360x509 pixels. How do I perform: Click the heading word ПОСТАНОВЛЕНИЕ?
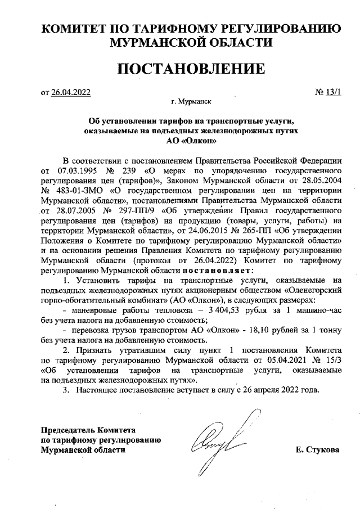pos(191,69)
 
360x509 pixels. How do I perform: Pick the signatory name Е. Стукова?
pos(317,450)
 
